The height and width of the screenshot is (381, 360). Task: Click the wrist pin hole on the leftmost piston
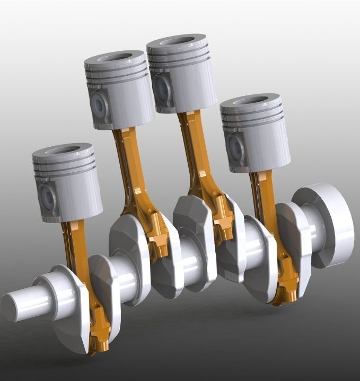(48, 198)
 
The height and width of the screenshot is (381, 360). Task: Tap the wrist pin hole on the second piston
(99, 106)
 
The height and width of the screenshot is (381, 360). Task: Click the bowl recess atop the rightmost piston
(250, 101)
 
